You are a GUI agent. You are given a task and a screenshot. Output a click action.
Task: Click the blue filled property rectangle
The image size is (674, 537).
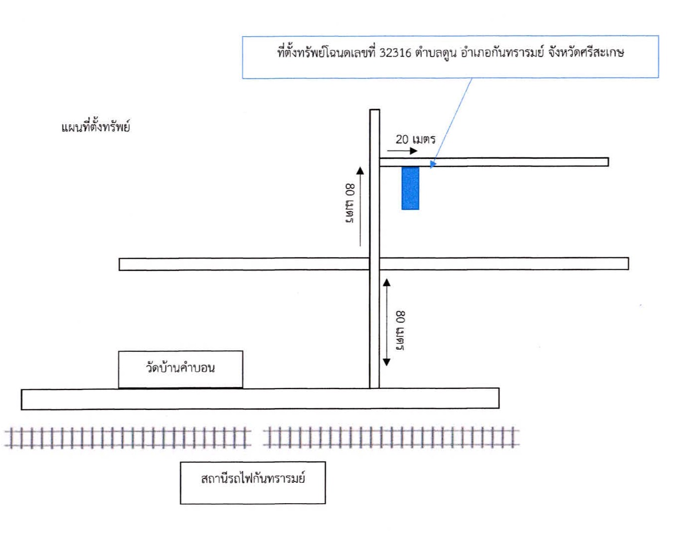click(x=410, y=188)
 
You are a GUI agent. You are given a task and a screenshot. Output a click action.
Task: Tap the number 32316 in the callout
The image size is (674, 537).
click(x=395, y=53)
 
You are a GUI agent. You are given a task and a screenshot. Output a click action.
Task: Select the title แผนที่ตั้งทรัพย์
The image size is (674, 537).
click(x=95, y=127)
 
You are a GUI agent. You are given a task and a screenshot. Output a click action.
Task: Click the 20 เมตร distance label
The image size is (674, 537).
click(x=415, y=139)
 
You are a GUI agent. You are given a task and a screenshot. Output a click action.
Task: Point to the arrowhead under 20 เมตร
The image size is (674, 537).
click(x=414, y=151)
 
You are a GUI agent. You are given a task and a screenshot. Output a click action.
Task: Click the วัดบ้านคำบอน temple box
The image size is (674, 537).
click(x=180, y=369)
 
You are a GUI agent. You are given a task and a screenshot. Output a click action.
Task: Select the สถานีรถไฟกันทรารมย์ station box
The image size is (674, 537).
click(x=253, y=483)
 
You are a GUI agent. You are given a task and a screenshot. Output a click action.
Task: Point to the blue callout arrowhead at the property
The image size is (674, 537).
click(x=433, y=164)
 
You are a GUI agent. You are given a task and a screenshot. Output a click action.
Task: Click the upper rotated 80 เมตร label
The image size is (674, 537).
click(x=350, y=203)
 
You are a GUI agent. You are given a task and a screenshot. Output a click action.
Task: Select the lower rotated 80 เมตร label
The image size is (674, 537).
click(x=400, y=331)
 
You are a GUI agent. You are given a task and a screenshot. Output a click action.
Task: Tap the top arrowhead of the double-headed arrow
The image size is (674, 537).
click(x=387, y=283)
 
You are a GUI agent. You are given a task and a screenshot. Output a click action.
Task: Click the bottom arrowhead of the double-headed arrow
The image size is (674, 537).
click(x=387, y=362)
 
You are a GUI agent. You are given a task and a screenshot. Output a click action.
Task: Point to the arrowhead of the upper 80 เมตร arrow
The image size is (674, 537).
click(x=360, y=170)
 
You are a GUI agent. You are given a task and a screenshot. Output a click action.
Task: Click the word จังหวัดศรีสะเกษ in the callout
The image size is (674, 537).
click(x=586, y=53)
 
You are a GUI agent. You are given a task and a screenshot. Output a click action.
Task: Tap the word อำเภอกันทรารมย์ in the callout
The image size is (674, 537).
click(x=502, y=53)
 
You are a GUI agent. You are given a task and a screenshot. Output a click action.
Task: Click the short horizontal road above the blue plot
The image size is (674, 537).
click(x=494, y=162)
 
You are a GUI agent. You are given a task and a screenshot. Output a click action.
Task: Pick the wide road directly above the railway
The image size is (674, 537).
click(x=260, y=399)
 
